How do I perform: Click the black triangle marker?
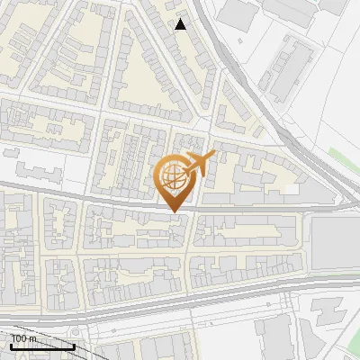coord(181,24)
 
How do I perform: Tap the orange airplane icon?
coord(198,165)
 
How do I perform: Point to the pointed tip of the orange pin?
coord(174,211)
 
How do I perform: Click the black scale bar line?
coord(41,346)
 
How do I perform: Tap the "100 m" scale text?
coord(22,338)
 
